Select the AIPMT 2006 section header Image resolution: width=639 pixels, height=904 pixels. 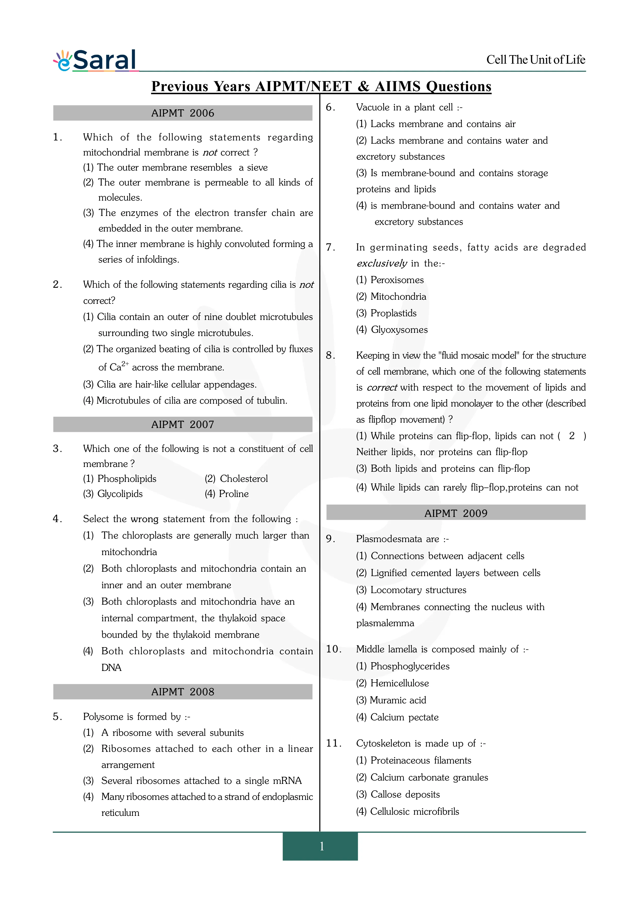(x=183, y=113)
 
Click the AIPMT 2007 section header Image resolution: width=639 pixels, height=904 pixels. (x=183, y=424)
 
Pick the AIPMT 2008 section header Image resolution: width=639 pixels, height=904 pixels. (x=183, y=692)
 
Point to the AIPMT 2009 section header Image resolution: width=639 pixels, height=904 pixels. (x=456, y=513)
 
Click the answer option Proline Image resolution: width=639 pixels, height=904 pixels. (x=233, y=494)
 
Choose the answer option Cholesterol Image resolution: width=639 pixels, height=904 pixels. (x=244, y=479)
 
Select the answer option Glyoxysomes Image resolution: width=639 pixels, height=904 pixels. (x=399, y=330)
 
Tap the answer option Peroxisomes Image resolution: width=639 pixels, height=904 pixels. (x=397, y=280)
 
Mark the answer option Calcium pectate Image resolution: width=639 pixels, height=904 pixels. (x=404, y=717)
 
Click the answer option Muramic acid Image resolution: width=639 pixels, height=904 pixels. (x=398, y=700)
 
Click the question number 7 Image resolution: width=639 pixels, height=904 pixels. (x=330, y=247)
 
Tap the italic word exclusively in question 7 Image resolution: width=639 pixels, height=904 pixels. (x=382, y=263)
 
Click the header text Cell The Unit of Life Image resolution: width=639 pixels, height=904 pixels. (x=535, y=60)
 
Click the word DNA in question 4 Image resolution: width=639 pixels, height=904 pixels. (x=111, y=667)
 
